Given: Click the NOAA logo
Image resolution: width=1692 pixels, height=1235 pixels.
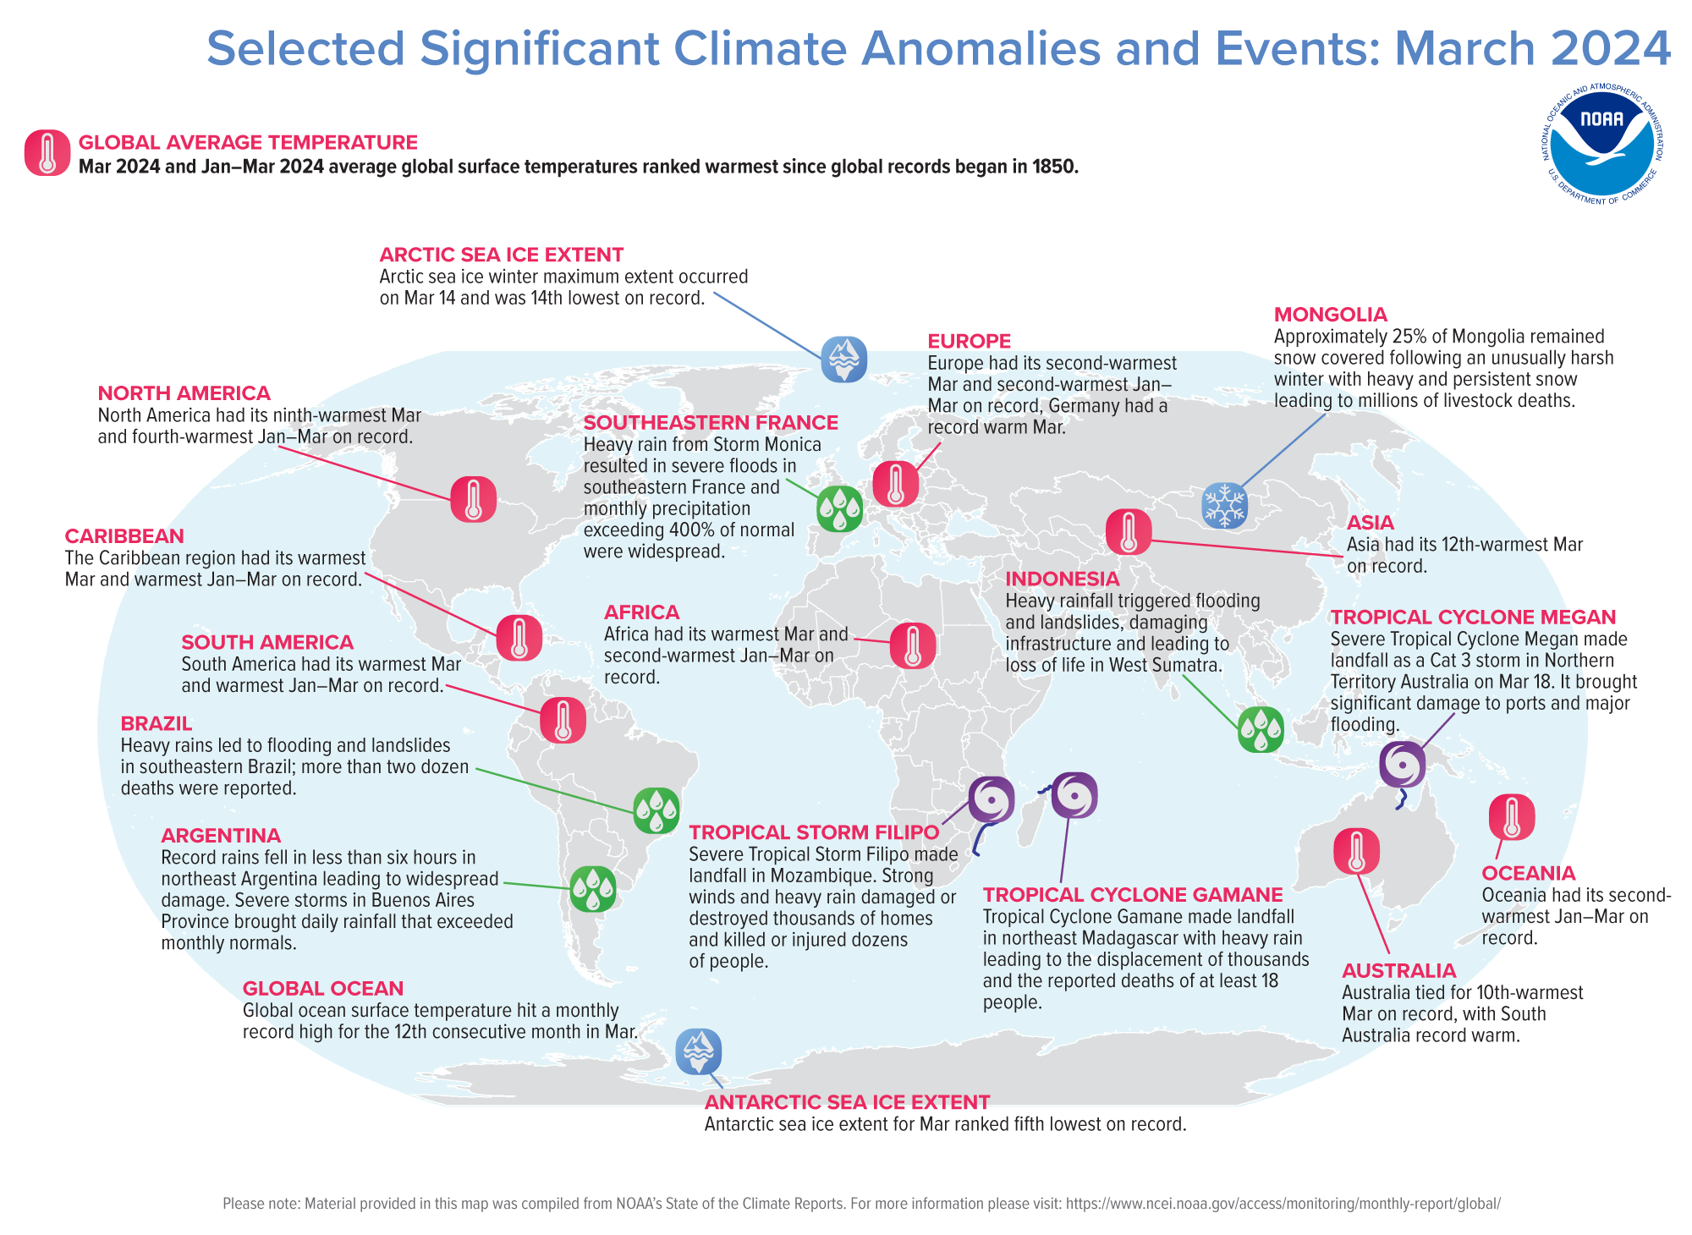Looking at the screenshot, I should (x=1601, y=144).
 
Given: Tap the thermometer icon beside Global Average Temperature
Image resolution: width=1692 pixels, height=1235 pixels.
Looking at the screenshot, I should (x=47, y=153).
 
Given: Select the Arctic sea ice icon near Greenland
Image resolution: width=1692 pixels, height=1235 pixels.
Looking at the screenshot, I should (x=843, y=359).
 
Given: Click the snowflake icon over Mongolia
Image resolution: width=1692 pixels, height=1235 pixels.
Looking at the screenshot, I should (x=1224, y=506).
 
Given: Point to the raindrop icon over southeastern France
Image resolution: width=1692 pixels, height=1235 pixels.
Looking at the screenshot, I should (x=839, y=508).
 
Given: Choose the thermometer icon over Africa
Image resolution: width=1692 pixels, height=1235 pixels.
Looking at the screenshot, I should (x=912, y=645).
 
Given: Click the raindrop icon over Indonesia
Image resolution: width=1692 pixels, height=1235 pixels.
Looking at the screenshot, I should (x=1261, y=729).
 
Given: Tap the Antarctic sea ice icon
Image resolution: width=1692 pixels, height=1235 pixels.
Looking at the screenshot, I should (x=698, y=1051).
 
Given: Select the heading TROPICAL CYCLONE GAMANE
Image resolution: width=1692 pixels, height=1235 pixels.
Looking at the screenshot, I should (x=1133, y=895).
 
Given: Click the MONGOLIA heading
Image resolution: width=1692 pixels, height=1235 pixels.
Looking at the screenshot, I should (x=1330, y=315).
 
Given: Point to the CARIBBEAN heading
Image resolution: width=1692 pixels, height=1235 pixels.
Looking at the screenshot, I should (x=124, y=536).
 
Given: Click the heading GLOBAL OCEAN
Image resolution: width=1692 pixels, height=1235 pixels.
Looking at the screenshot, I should (x=322, y=989).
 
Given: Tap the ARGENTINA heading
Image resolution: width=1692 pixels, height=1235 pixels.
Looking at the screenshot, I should (x=221, y=836).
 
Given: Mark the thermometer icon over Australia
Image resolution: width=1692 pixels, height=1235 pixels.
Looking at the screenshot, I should (x=1356, y=851).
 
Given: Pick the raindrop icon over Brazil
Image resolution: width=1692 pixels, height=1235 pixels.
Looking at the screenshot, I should (x=656, y=810).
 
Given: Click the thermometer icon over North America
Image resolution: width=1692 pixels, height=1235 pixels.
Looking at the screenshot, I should (x=473, y=499).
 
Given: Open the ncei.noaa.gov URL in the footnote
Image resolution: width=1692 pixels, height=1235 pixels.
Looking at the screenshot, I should (x=1283, y=1204).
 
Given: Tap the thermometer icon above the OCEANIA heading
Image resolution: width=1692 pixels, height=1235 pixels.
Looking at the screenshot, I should (x=1511, y=817).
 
